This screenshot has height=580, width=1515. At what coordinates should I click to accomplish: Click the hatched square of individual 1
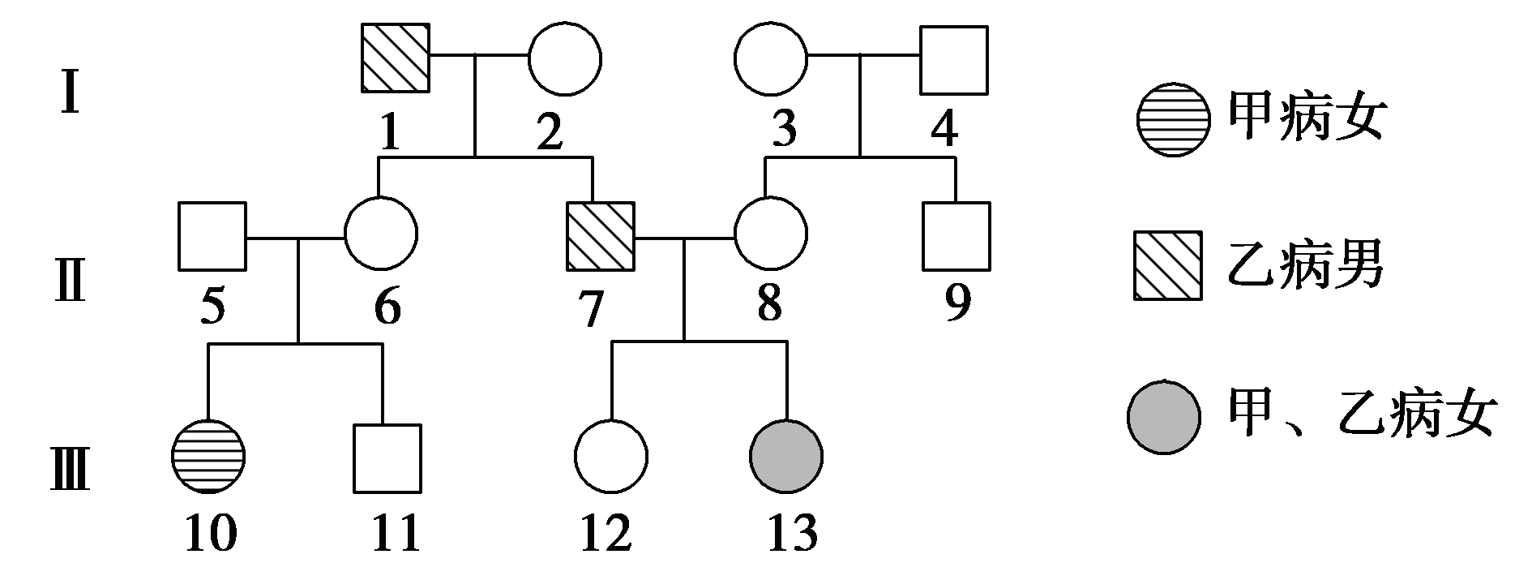pyautogui.click(x=394, y=58)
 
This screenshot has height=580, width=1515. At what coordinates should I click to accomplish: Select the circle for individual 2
pyautogui.click(x=565, y=58)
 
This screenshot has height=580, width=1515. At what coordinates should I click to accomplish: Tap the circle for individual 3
pyautogui.click(x=771, y=58)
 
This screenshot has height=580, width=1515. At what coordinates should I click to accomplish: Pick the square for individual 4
pyautogui.click(x=954, y=58)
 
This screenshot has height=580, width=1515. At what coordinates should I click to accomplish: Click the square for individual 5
pyautogui.click(x=212, y=235)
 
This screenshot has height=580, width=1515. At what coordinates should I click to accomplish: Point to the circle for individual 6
pyautogui.click(x=381, y=234)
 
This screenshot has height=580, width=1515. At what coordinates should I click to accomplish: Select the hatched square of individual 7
pyautogui.click(x=599, y=235)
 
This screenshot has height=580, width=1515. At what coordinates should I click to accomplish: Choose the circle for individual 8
pyautogui.click(x=770, y=234)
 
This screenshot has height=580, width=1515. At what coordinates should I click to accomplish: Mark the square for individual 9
pyautogui.click(x=956, y=235)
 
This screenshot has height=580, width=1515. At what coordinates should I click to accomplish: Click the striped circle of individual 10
pyautogui.click(x=209, y=457)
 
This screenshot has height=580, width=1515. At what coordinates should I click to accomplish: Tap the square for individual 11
pyautogui.click(x=387, y=458)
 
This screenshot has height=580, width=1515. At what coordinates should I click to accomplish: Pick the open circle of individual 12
pyautogui.click(x=611, y=457)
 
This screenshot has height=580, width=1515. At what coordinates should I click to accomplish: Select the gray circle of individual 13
pyautogui.click(x=786, y=457)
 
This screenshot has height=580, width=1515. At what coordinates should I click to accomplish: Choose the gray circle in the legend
pyautogui.click(x=1163, y=415)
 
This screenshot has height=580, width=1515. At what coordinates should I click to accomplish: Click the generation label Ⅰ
pyautogui.click(x=71, y=97)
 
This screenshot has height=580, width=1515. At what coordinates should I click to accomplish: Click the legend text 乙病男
pyautogui.click(x=1306, y=265)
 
